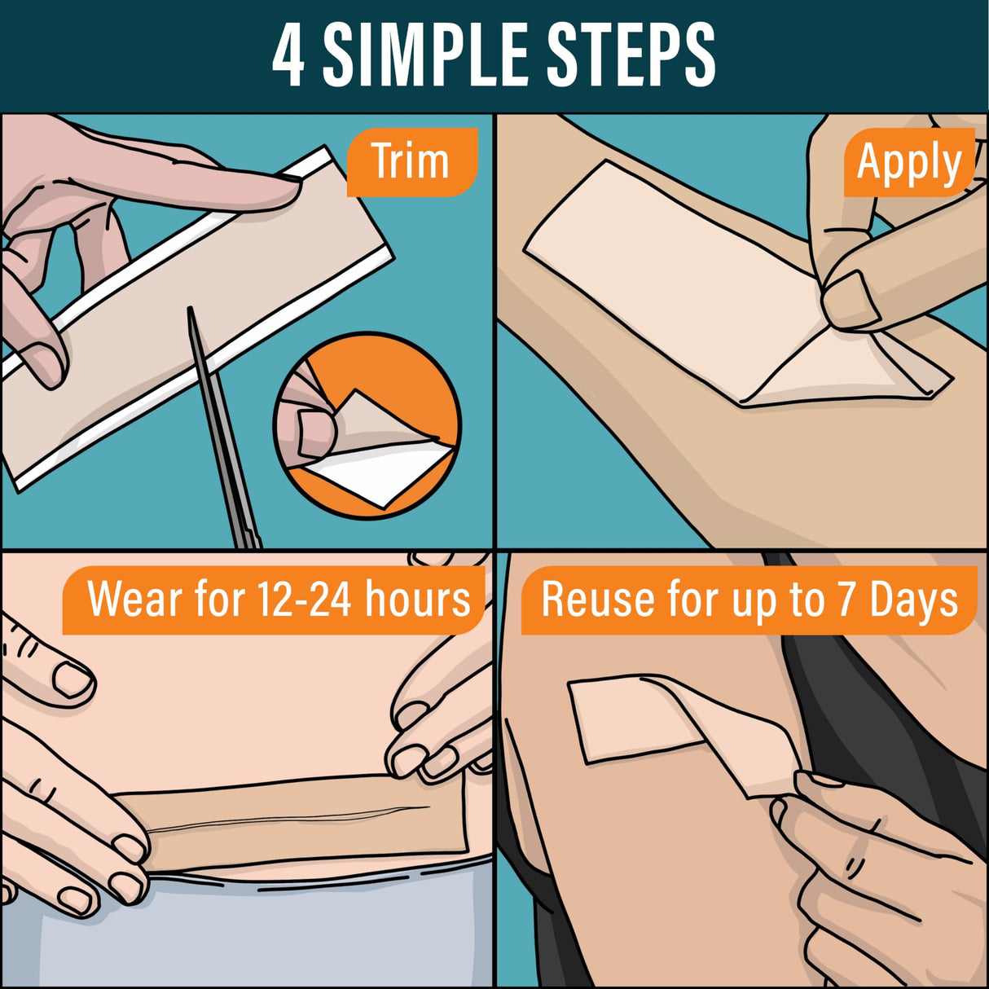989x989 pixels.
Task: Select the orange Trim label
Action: click(x=411, y=161)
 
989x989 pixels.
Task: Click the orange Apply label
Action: click(x=908, y=163)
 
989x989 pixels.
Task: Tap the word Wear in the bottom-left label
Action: click(x=136, y=600)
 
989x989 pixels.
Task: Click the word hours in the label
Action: click(x=418, y=600)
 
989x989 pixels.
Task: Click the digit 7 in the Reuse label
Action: click(x=846, y=601)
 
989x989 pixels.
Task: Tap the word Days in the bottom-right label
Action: click(x=913, y=601)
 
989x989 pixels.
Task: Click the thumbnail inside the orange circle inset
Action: click(x=313, y=431)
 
